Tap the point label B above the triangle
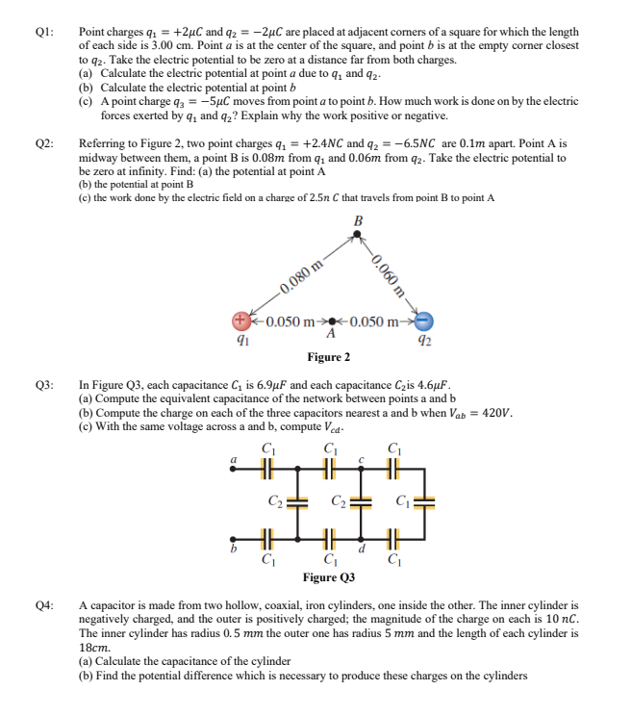coord(359,221)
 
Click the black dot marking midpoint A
coord(332,321)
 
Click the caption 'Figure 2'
coord(328,358)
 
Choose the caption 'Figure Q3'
coord(328,577)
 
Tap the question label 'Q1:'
coord(43,32)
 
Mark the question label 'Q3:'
coord(43,382)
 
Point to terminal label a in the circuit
coord(232,460)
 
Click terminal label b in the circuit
coord(232,549)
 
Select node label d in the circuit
coord(361,550)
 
